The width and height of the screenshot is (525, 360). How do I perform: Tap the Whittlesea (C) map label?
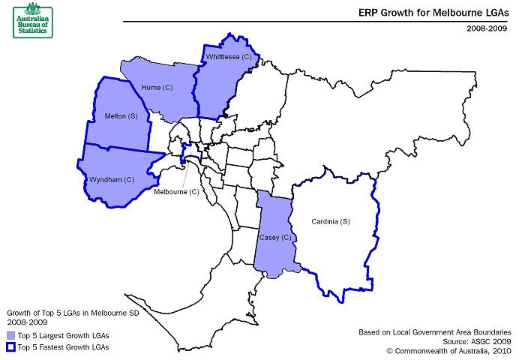pyautogui.click(x=228, y=57)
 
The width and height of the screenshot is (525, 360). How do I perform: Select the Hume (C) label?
pyautogui.click(x=157, y=88)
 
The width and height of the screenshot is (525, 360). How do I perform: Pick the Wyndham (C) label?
pyautogui.click(x=112, y=180)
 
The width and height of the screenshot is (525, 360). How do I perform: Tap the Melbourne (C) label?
pyautogui.click(x=176, y=192)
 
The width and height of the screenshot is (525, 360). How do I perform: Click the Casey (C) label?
pyautogui.click(x=274, y=238)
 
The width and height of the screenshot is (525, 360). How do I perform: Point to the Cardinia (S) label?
pyautogui.click(x=331, y=221)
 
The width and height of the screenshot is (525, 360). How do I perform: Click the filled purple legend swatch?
pyautogui.click(x=11, y=334)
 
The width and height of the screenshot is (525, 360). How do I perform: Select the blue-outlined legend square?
pyautogui.click(x=11, y=347)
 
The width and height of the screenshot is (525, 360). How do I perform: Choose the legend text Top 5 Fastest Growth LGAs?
pyautogui.click(x=64, y=347)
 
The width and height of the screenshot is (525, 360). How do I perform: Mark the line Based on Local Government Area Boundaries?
pyautogui.click(x=435, y=330)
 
